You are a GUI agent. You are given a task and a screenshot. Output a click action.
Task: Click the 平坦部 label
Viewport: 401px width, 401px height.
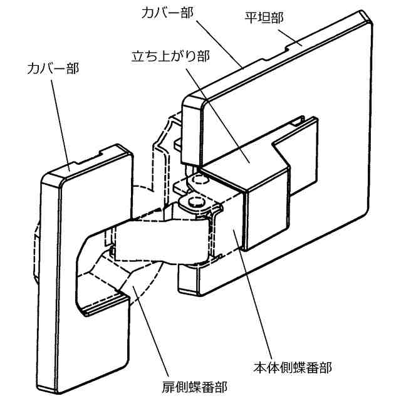click(264, 18)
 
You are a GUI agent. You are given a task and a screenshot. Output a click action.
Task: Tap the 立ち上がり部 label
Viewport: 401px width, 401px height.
click(170, 55)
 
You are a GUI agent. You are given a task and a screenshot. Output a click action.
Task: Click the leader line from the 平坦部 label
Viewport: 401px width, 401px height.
click(290, 35)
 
